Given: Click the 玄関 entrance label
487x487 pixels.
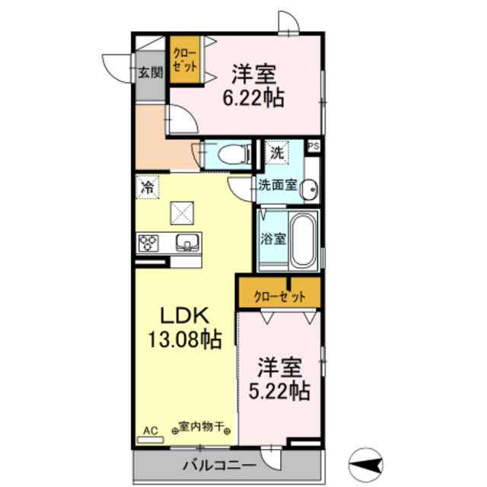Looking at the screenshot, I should coord(150,73).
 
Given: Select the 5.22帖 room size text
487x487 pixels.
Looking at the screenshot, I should coord(279,391).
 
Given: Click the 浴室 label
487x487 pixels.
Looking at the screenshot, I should coord(272,238).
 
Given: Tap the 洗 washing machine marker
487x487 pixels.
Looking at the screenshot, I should coord(277,152).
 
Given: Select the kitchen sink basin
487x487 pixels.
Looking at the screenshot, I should coord(187,243).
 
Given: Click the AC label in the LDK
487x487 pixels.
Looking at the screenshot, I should coord(150,430).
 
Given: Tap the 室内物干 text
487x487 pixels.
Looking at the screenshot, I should coord(201,427).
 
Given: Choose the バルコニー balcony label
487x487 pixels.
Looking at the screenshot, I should coord(211,464).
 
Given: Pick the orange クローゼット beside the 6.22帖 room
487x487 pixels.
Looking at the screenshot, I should coord(184,60).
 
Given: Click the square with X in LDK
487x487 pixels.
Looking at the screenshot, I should coord(182,212).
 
